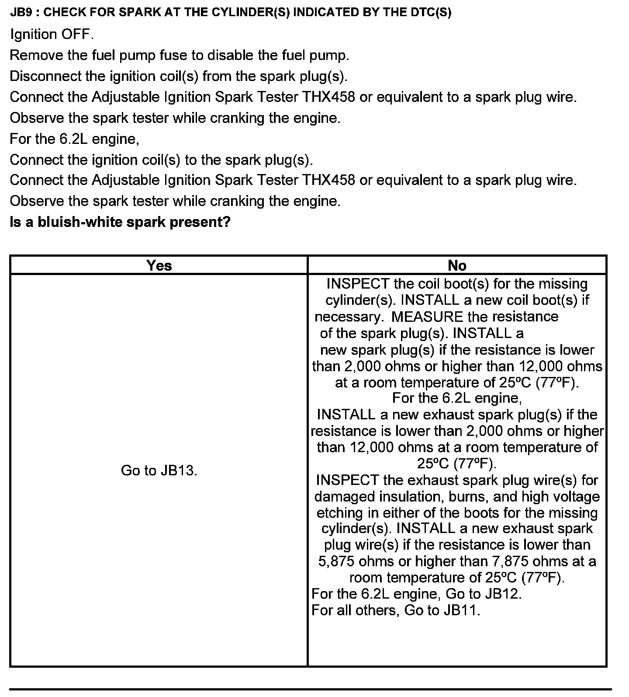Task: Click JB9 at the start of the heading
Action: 19,12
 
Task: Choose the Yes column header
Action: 159,265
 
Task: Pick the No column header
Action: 457,265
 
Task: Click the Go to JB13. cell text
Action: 159,470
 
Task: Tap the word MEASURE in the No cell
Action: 427,317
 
